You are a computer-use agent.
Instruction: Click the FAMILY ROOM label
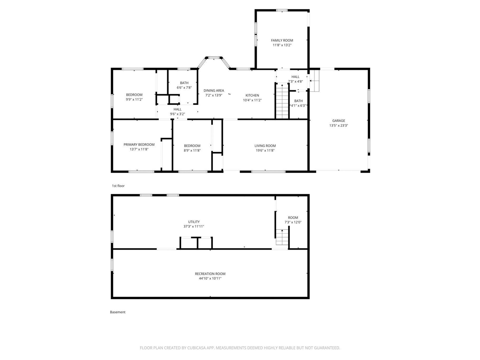pyautogui.click(x=282, y=40)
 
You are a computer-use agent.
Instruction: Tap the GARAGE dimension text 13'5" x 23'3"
pyautogui.click(x=339, y=125)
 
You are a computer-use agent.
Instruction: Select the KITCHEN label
pyautogui.click(x=252, y=96)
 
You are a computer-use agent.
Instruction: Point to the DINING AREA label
pyautogui.click(x=214, y=91)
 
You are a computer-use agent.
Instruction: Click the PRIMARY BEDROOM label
pyautogui.click(x=139, y=145)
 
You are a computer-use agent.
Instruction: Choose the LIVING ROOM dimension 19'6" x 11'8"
pyautogui.click(x=265, y=150)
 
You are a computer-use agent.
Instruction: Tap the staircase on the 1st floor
pyautogui.click(x=282, y=101)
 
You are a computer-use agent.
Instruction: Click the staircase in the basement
pyautogui.click(x=282, y=237)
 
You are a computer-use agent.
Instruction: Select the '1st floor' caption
pyautogui.click(x=118, y=186)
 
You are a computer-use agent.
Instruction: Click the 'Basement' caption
pyautogui.click(x=117, y=312)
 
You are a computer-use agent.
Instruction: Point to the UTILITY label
pyautogui.click(x=194, y=222)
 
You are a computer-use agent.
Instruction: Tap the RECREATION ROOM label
pyautogui.click(x=210, y=274)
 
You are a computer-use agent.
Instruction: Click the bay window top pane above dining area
pyautogui.click(x=214, y=58)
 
